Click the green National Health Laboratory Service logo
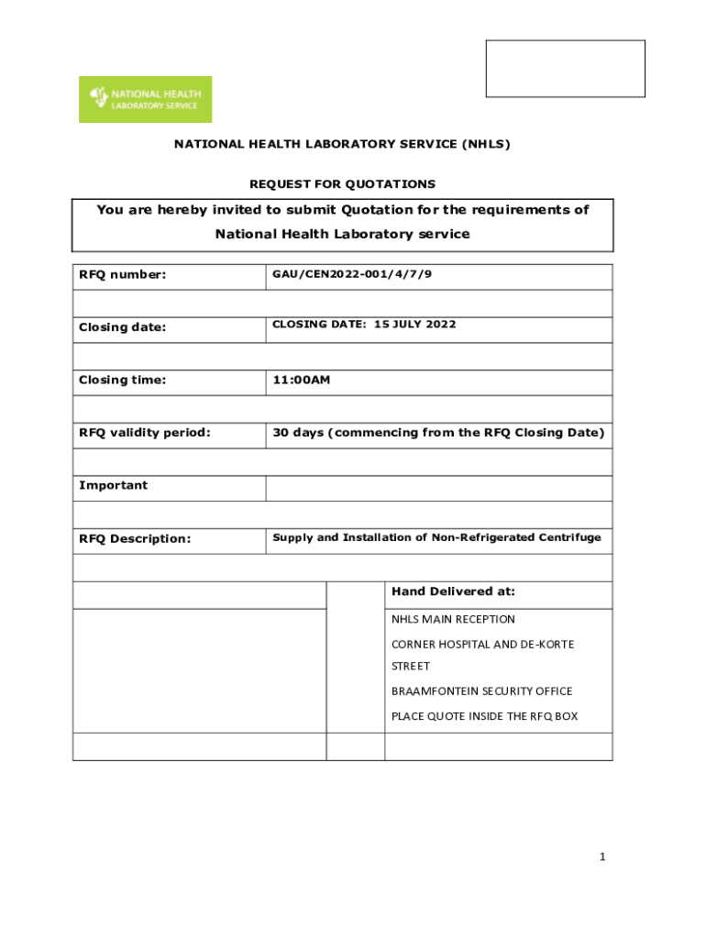(145, 99)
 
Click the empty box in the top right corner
(565, 68)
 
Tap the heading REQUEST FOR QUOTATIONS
(343, 183)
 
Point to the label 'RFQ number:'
(122, 274)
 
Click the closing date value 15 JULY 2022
(415, 325)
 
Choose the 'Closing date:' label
(122, 327)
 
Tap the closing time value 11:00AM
(301, 380)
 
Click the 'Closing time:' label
(122, 380)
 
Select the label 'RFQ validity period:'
(144, 433)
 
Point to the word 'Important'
(113, 485)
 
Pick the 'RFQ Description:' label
(135, 538)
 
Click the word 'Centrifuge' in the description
(570, 537)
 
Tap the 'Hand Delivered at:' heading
(453, 591)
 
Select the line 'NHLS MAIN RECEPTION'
(453, 620)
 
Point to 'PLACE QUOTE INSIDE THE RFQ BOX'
(484, 716)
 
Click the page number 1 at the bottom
(602, 856)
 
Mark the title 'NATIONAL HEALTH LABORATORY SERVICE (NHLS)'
(343, 144)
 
